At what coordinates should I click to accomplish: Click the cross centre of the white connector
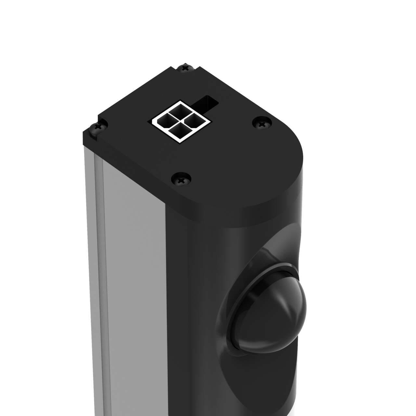click(179, 121)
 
